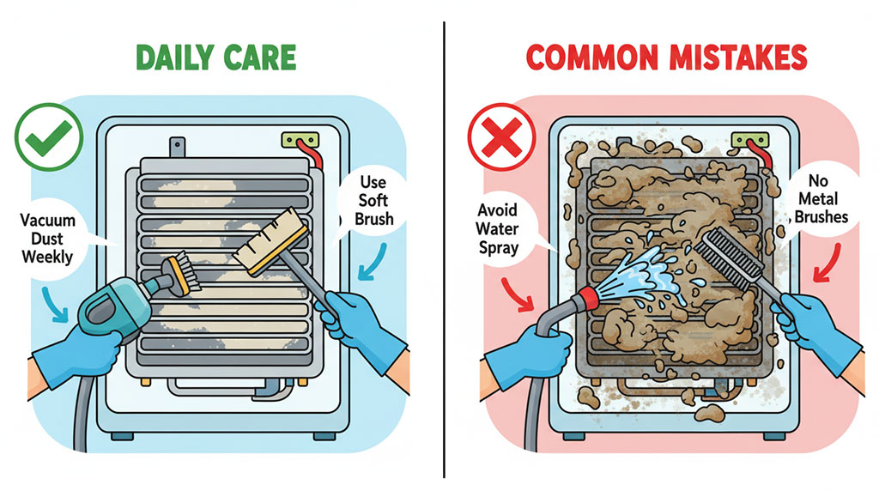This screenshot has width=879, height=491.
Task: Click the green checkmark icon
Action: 49,136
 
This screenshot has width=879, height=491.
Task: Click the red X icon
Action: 501,137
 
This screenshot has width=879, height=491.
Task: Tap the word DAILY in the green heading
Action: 174,58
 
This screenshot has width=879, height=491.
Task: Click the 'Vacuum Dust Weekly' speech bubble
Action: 48,239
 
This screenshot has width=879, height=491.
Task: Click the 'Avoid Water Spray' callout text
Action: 497,228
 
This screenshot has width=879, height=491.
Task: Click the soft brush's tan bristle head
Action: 271,241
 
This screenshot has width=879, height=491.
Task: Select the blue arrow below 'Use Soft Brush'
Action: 373,263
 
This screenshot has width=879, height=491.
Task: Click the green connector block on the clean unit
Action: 300,140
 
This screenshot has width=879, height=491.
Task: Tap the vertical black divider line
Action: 445,250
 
